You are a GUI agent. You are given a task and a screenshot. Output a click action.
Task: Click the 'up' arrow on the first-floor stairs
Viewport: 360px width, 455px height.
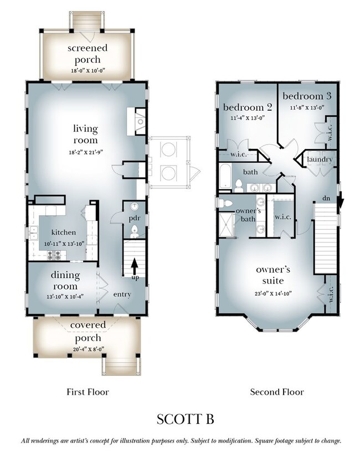click(x=134, y=267)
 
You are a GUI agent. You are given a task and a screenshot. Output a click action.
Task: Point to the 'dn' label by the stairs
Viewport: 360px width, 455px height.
click(x=326, y=199)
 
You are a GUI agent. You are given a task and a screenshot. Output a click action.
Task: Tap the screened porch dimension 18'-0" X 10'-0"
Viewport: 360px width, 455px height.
click(x=88, y=70)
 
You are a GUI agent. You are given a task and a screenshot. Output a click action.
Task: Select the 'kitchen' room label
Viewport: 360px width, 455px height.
click(x=64, y=232)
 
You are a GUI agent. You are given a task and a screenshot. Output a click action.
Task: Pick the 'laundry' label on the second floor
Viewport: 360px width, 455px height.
click(x=320, y=159)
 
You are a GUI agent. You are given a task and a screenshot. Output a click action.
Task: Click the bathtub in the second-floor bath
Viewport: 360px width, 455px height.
click(x=225, y=176)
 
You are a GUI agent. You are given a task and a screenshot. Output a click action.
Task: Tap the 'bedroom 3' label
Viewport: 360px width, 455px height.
click(x=307, y=96)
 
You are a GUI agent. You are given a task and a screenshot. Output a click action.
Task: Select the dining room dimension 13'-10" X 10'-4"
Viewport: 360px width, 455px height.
click(x=65, y=297)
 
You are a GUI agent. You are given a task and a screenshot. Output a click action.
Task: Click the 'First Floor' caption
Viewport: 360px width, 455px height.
click(x=88, y=392)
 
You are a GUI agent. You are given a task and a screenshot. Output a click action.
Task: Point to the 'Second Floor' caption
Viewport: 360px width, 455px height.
click(x=277, y=392)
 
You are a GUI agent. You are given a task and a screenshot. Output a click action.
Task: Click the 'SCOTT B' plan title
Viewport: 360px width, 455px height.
click(x=185, y=420)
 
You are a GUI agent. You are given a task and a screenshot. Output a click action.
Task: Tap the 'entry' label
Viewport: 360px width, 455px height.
click(x=122, y=294)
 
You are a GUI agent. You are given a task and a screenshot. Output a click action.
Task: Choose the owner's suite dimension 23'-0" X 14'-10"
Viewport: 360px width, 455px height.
click(x=273, y=294)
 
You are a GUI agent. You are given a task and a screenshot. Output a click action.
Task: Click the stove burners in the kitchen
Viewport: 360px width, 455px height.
click(x=54, y=255)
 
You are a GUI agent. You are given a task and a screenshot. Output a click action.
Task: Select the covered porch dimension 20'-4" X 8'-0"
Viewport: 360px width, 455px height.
click(x=89, y=349)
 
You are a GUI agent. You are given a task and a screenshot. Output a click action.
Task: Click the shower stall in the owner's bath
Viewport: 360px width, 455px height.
click(x=226, y=225)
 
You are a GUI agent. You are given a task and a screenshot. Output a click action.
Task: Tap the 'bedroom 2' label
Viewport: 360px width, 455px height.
click(x=248, y=107)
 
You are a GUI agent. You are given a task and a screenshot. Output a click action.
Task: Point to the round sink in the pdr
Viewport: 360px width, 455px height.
click(x=135, y=206)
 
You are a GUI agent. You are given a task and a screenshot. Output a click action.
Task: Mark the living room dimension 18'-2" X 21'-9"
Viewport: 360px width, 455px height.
click(x=86, y=152)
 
